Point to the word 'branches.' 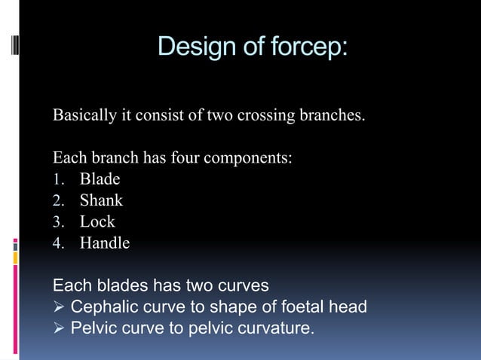[333, 117]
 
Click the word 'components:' [250, 159]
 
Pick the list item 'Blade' [100, 180]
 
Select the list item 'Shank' [101, 201]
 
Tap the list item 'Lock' [97, 222]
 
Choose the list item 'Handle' [105, 243]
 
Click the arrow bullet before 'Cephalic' [58, 307]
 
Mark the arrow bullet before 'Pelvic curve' [58, 328]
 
